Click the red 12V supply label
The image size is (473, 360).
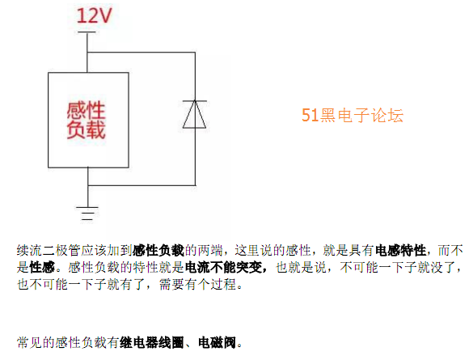[94, 15]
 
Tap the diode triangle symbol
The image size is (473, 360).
[195, 114]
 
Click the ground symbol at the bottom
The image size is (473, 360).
[87, 214]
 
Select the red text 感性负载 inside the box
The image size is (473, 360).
[86, 121]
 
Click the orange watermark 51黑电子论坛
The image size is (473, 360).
[353, 115]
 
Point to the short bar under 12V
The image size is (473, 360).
[87, 32]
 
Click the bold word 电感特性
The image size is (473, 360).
[400, 250]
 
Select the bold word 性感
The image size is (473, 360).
[42, 267]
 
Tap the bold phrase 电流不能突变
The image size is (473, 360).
[223, 267]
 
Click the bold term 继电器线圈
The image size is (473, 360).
[152, 342]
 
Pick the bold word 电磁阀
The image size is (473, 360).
[217, 342]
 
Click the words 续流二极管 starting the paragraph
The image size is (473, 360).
[49, 250]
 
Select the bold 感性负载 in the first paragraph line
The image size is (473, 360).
[158, 250]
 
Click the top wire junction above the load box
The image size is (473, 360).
[87, 53]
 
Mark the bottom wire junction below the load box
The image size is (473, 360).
[88, 185]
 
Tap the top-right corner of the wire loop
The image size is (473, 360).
[195, 53]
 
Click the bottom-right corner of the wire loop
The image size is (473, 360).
[195, 185]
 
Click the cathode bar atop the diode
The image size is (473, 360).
[195, 101]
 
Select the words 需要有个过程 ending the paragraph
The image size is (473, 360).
[197, 284]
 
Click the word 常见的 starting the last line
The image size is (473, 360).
[36, 342]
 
